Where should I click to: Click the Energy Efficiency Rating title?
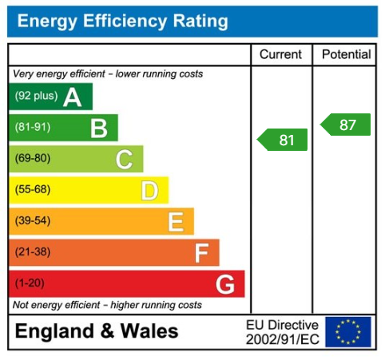(x=122, y=22)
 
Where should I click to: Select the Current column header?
(x=281, y=55)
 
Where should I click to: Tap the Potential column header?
(x=346, y=55)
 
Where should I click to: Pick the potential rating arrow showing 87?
(x=345, y=125)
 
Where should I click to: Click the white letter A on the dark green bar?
(x=73, y=97)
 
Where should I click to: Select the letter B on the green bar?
(x=98, y=128)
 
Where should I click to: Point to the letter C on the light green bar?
(x=124, y=159)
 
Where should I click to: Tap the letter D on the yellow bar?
(x=149, y=190)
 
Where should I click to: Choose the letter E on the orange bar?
(x=176, y=221)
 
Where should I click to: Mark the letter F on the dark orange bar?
(x=201, y=253)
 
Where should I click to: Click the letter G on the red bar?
(x=225, y=283)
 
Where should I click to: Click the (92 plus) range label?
(x=36, y=97)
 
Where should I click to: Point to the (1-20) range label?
(x=30, y=283)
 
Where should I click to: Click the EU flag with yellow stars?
(x=348, y=331)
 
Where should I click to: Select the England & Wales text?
(x=97, y=331)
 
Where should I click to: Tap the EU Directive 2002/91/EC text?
(x=282, y=332)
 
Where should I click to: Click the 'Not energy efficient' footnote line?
(x=107, y=305)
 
